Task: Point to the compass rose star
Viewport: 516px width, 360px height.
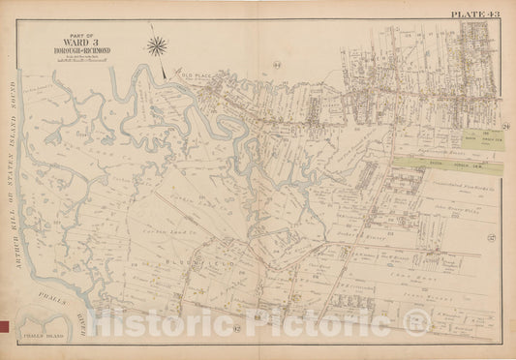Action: (x=157, y=44)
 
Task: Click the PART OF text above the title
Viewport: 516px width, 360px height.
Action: (x=67, y=38)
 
